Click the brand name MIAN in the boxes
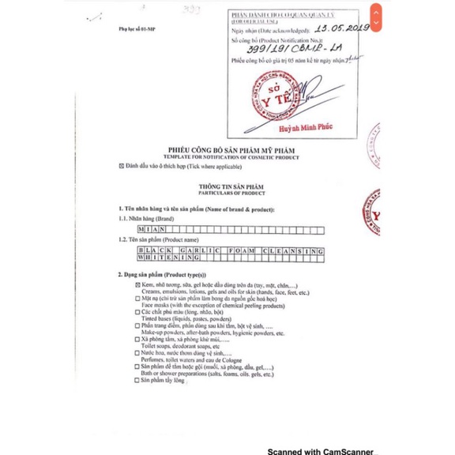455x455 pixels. (x=151, y=226)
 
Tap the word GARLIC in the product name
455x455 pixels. (x=195, y=250)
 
